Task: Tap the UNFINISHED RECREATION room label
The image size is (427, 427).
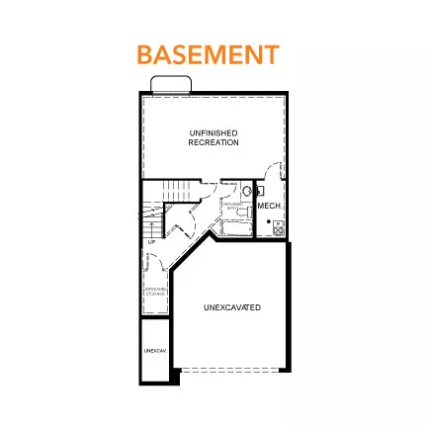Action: click(213, 137)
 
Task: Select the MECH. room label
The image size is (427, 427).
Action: click(269, 206)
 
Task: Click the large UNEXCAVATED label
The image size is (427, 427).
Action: click(232, 307)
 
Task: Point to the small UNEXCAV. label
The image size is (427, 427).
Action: click(153, 351)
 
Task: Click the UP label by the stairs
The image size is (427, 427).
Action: click(152, 241)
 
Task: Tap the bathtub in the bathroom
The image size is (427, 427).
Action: click(234, 228)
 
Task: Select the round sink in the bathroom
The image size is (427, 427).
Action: click(247, 191)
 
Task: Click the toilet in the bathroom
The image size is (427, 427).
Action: click(261, 191)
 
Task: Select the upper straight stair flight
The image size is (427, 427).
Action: click(176, 189)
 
